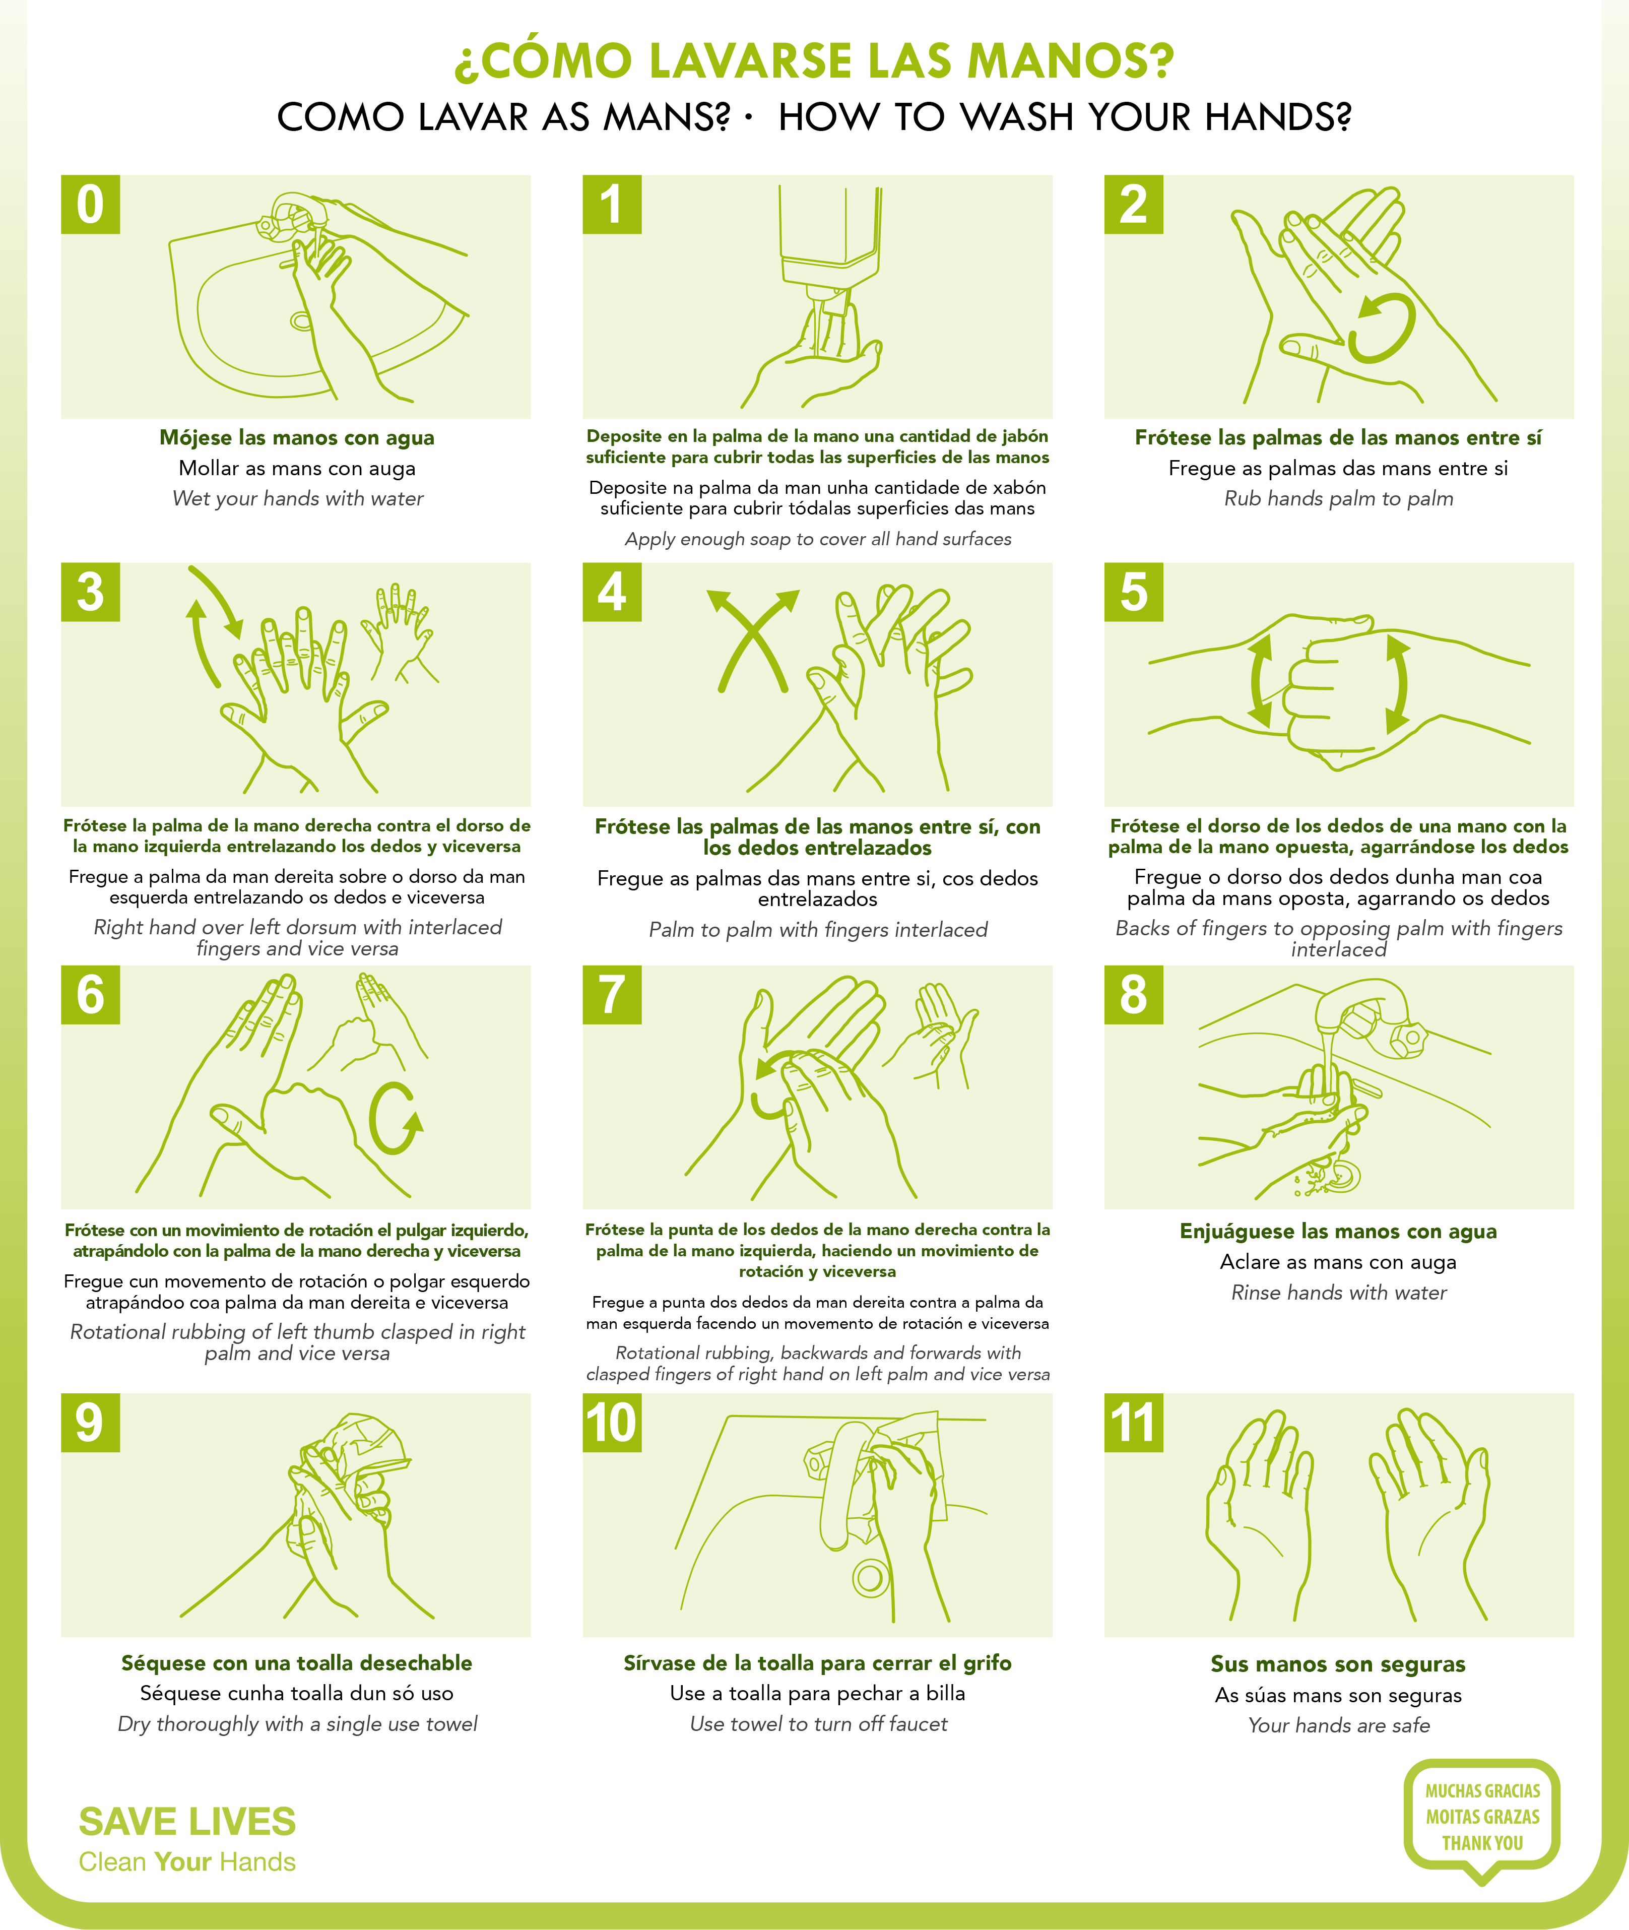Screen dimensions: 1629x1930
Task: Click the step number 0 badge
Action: pyautogui.click(x=91, y=204)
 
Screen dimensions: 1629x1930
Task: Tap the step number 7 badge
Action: pyautogui.click(x=612, y=995)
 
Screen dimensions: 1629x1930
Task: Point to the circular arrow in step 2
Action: pyautogui.click(x=1383, y=328)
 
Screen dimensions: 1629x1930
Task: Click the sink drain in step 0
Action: pyautogui.click(x=301, y=320)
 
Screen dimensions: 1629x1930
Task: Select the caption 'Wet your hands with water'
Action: pyautogui.click(x=297, y=499)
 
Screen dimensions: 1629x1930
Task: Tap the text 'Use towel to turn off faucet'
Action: pyautogui.click(x=818, y=1724)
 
